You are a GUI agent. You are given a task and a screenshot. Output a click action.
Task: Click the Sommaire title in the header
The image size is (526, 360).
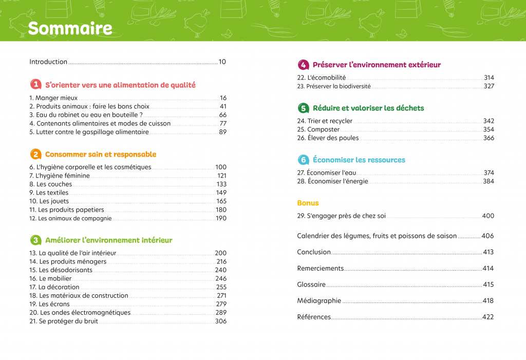tap(70, 28)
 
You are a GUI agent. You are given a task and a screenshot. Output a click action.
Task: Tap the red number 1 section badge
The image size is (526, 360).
tap(35, 85)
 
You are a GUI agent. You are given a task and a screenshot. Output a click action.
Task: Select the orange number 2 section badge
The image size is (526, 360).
tap(35, 154)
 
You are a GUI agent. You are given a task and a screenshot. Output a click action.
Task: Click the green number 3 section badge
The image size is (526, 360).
tap(35, 240)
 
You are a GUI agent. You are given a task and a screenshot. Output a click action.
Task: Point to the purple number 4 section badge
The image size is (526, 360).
tap(303, 65)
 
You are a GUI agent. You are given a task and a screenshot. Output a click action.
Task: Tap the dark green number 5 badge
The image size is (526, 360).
tap(303, 108)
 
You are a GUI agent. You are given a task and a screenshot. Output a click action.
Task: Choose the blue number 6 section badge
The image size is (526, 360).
tap(303, 160)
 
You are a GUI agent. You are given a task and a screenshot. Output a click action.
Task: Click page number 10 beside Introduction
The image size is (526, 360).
tap(222, 62)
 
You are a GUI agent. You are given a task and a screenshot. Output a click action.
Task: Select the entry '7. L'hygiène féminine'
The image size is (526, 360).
tap(60, 176)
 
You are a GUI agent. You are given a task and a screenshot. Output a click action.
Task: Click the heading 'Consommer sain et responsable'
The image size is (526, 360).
tap(101, 154)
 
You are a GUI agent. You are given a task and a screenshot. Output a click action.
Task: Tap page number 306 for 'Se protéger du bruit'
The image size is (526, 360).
tap(220, 321)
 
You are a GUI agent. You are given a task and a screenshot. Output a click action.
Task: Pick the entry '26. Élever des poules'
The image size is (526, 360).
tap(328, 138)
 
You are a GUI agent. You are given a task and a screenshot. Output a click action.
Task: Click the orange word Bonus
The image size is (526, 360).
tap(308, 203)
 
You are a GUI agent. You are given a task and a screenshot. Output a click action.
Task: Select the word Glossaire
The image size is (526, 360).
tap(311, 285)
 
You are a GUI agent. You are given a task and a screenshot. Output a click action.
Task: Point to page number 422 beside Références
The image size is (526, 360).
tap(488, 317)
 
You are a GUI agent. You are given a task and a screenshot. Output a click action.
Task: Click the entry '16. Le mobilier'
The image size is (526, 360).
tap(50, 278)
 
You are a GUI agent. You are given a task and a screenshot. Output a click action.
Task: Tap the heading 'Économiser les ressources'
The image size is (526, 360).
tap(359, 160)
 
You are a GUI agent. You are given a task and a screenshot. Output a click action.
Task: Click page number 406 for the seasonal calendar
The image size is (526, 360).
tap(487, 236)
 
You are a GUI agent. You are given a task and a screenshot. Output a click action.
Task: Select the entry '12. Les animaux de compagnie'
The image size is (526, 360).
tap(70, 218)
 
